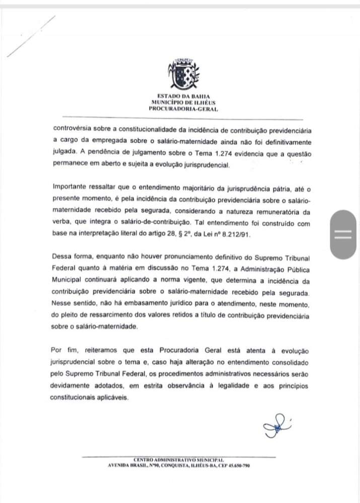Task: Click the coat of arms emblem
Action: pyautogui.click(x=183, y=75)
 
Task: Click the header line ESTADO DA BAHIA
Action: pyautogui.click(x=183, y=97)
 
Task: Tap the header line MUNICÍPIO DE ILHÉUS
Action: pyautogui.click(x=183, y=102)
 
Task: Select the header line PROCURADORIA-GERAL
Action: pyautogui.click(x=183, y=108)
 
